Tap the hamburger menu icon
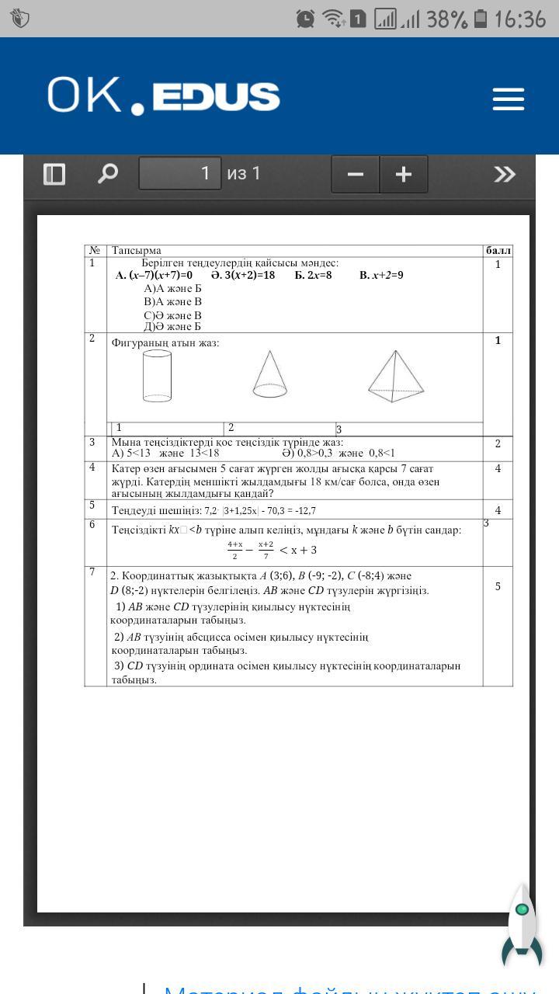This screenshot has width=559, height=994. click(x=509, y=99)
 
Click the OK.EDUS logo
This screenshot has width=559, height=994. click(x=163, y=96)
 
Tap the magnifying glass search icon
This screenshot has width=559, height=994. click(x=107, y=173)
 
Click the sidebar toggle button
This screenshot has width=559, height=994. click(x=54, y=173)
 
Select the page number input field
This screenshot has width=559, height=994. click(x=179, y=173)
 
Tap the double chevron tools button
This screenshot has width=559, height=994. click(x=505, y=173)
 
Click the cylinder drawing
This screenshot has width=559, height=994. click(x=157, y=376)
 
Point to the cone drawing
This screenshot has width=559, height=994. click(x=269, y=374)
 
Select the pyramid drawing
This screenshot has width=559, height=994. click(x=396, y=377)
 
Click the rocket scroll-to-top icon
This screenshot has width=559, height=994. click(x=523, y=925)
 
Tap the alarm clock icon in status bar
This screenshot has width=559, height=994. click(x=305, y=19)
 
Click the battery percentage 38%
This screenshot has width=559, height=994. click(x=446, y=19)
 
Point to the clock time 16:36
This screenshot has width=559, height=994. click(x=520, y=19)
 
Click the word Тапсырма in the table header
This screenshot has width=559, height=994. click(x=137, y=250)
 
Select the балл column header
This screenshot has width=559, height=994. click(x=498, y=250)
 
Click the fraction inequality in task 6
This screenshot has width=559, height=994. click(x=272, y=550)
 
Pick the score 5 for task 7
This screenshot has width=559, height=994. click(x=498, y=586)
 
